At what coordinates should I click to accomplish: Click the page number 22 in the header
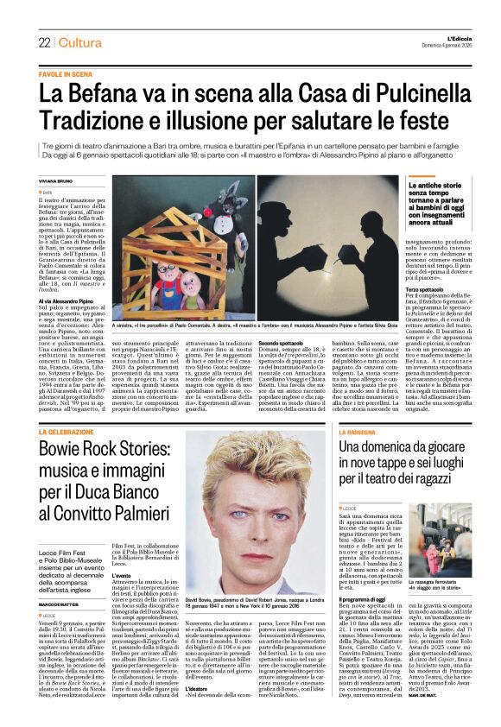coord(44,43)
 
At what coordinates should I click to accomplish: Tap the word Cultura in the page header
coord(80,43)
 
